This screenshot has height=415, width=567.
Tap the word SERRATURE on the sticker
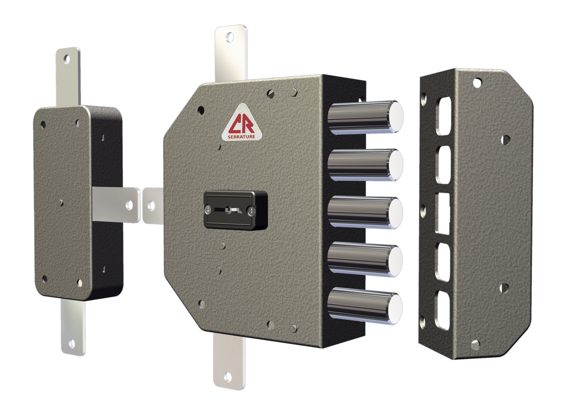241,137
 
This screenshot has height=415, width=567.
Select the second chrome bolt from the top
365,165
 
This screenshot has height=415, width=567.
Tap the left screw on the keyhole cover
208,210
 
